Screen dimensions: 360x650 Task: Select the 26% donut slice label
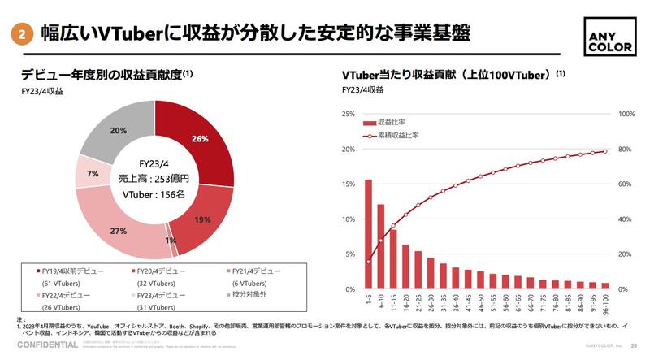coord(200,138)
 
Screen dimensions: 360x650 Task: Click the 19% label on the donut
coord(202,219)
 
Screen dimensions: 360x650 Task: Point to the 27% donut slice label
coord(119,232)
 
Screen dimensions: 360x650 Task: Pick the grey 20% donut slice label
coord(119,131)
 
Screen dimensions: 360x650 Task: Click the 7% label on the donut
coord(93,174)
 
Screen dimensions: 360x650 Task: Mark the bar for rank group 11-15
coord(393,259)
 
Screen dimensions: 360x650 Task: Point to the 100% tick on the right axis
coord(627,114)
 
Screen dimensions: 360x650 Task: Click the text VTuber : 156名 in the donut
coord(154,195)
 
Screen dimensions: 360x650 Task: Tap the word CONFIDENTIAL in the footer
coord(41,345)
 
